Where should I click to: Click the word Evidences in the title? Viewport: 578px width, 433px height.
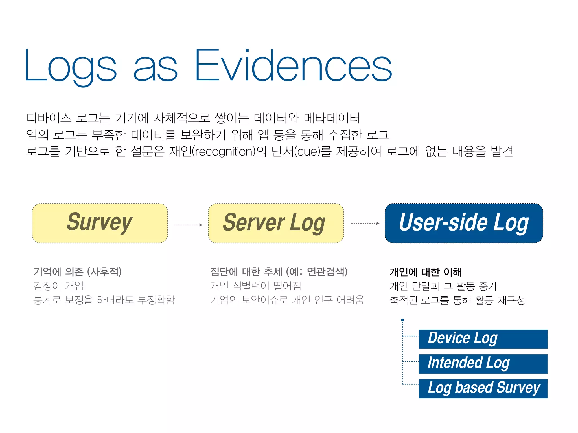click(x=293, y=65)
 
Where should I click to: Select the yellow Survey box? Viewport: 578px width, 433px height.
click(x=100, y=223)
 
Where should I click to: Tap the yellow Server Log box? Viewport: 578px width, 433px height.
click(x=276, y=223)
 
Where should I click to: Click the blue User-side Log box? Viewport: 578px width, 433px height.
click(x=464, y=223)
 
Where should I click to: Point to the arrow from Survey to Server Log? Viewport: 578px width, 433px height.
click(x=188, y=225)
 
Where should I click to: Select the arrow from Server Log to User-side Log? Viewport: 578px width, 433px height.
click(x=365, y=223)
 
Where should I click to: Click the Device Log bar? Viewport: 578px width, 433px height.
click(x=483, y=339)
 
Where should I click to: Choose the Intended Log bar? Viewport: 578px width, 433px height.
click(x=483, y=364)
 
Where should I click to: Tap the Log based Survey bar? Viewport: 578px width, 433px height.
click(x=483, y=388)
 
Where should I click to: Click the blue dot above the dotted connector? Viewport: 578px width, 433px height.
click(x=402, y=320)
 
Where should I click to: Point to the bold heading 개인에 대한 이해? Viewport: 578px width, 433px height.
click(x=426, y=272)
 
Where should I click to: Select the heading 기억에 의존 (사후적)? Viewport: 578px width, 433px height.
click(x=78, y=272)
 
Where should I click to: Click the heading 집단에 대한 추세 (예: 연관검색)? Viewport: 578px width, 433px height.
click(x=279, y=272)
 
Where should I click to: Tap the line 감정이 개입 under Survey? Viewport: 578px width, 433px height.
click(x=59, y=286)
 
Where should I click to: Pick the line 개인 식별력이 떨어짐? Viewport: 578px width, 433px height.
click(x=256, y=286)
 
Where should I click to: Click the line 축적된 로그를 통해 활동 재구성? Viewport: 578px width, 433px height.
click(x=457, y=300)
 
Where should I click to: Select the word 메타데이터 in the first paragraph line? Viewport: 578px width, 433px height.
click(x=332, y=118)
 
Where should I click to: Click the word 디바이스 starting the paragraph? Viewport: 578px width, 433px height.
click(x=49, y=118)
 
